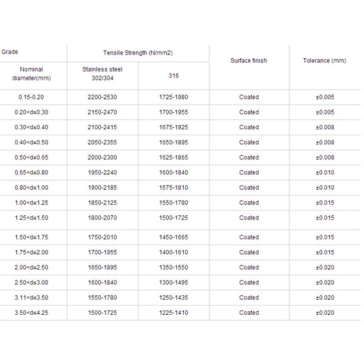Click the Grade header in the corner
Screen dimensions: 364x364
(x=10, y=52)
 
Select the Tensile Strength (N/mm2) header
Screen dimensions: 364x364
(x=138, y=53)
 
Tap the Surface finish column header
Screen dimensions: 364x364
(x=249, y=61)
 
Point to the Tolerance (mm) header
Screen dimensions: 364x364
(x=325, y=61)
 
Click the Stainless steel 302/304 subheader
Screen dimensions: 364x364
(x=102, y=73)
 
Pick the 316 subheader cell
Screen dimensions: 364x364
(x=174, y=75)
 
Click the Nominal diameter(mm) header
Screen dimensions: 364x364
(x=31, y=74)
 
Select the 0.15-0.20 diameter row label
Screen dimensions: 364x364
(x=31, y=97)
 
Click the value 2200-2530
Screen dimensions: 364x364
(x=102, y=97)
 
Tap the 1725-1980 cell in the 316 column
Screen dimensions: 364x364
(x=174, y=97)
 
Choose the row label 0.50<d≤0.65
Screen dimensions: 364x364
(x=31, y=157)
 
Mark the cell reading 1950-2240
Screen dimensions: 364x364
(x=102, y=172)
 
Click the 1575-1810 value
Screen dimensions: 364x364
(x=174, y=187)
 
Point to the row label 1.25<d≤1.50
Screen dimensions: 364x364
(x=31, y=217)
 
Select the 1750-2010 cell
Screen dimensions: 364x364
(x=102, y=237)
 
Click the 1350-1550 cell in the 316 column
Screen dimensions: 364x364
(x=174, y=267)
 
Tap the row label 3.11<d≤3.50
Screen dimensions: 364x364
(x=31, y=297)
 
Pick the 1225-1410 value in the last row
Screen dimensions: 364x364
(x=174, y=312)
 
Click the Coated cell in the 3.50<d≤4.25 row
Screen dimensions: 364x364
(x=249, y=312)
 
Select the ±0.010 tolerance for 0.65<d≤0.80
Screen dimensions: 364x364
(x=325, y=172)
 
